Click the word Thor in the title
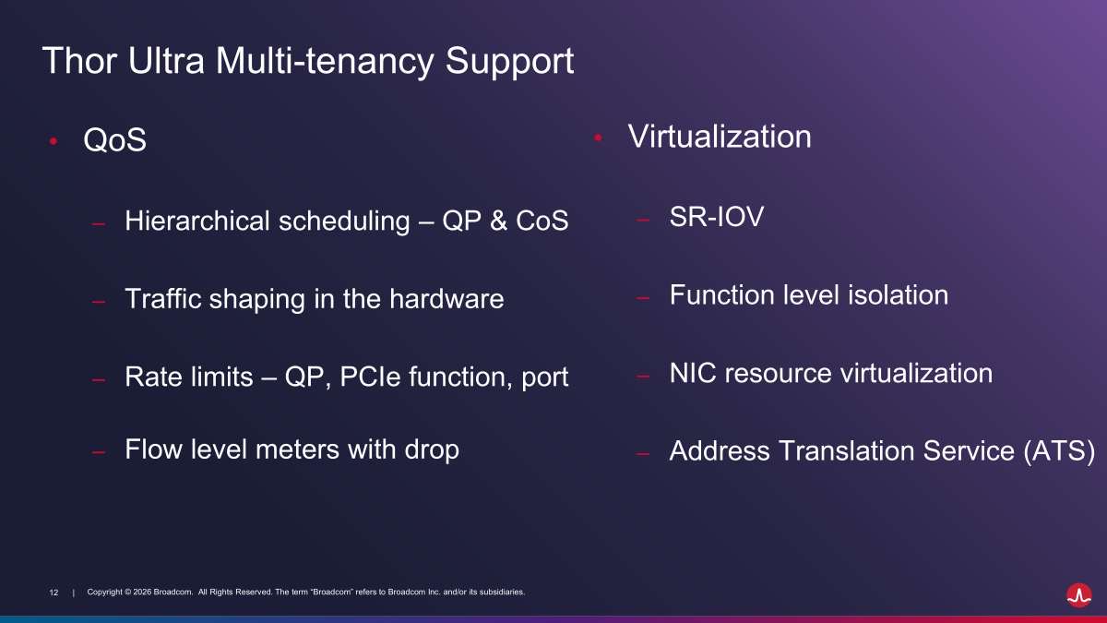pos(79,60)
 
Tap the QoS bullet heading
pos(114,139)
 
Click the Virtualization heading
pos(720,137)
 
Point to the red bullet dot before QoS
pos(54,141)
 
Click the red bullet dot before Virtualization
pos(598,138)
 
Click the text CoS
pos(542,221)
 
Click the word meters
pos(297,449)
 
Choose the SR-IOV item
pos(717,217)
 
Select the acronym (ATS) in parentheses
pos(1059,451)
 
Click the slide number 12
pos(54,593)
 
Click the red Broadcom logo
pos(1079,594)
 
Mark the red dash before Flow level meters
pos(99,452)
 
